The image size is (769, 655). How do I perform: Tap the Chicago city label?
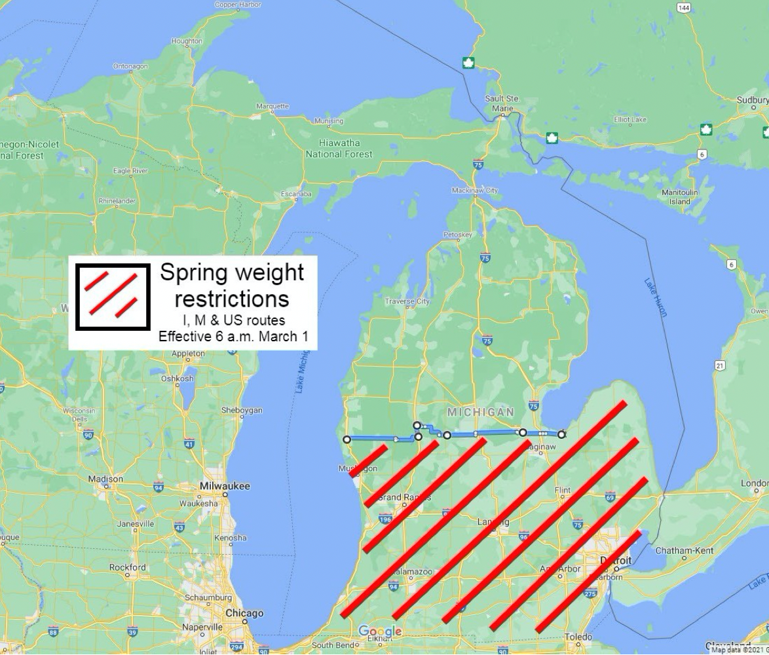point(244,613)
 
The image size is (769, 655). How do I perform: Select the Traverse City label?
point(407,301)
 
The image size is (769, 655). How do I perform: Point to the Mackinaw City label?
point(475,191)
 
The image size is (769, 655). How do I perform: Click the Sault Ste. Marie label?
point(502,103)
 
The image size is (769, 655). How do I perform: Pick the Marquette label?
point(272,106)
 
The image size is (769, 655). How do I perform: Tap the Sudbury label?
point(752,100)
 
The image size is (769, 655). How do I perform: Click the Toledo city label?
point(578,637)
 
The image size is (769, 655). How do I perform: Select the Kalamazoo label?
point(413,572)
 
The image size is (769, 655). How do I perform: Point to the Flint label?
point(562,490)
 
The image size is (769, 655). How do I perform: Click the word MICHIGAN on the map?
point(480,412)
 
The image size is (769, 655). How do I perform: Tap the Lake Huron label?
point(655,297)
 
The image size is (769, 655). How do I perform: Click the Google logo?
point(380,631)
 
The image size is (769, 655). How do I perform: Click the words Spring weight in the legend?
point(232,272)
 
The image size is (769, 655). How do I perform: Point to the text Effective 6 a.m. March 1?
point(233,337)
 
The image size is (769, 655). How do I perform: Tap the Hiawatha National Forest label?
point(339,149)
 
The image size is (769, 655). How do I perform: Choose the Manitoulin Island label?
point(679,197)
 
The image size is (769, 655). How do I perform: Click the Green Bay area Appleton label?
point(188,354)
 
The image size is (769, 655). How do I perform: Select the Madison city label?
point(105,479)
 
